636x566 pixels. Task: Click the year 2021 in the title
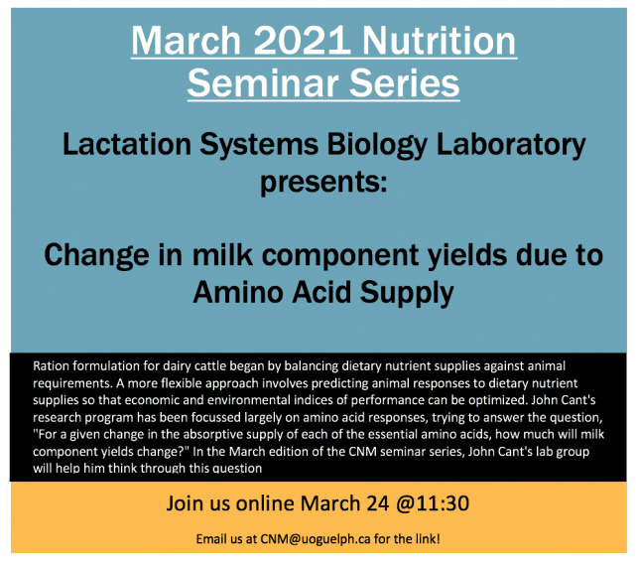[x=303, y=41]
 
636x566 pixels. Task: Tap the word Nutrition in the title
[x=439, y=41]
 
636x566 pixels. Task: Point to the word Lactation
[x=127, y=145]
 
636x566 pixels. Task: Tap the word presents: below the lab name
[x=323, y=184]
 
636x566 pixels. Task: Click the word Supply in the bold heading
[x=407, y=294]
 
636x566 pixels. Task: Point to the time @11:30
[x=432, y=503]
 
